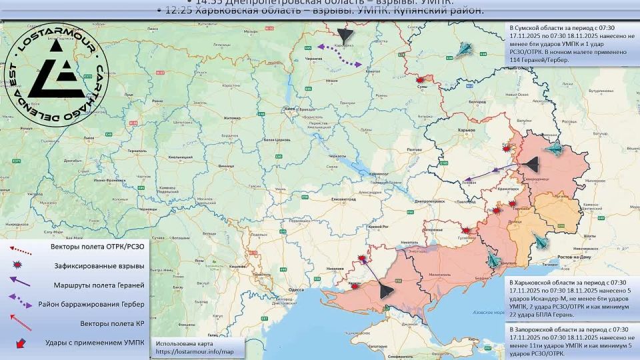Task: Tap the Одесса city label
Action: pyautogui.click(x=296, y=290)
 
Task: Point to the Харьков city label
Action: pyautogui.click(x=457, y=130)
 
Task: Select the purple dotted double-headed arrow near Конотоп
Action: pyautogui.click(x=339, y=55)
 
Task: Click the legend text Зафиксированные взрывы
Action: pyautogui.click(x=98, y=266)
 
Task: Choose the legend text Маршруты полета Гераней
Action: pyautogui.click(x=98, y=285)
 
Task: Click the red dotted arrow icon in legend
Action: pyautogui.click(x=20, y=248)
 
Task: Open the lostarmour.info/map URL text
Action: pyautogui.click(x=195, y=351)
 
